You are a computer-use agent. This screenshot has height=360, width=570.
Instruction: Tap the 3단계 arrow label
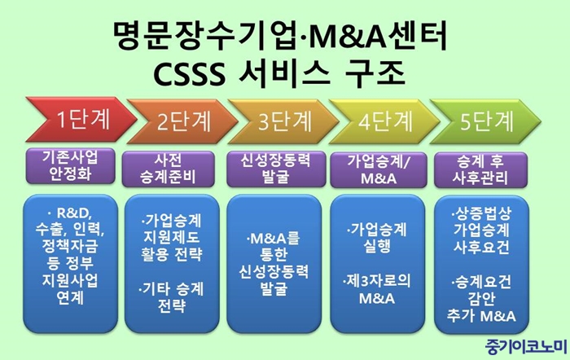click(x=285, y=121)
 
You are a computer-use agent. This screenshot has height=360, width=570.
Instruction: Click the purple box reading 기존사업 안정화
click(x=70, y=166)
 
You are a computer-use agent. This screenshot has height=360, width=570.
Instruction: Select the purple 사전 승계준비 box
click(x=168, y=169)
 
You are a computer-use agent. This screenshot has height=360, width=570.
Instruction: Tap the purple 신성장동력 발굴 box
click(x=276, y=169)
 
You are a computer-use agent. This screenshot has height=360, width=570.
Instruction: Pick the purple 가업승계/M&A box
click(x=379, y=169)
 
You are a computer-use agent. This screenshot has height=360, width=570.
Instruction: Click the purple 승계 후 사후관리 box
click(x=480, y=169)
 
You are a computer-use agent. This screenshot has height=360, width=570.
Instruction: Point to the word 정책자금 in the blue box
click(x=70, y=246)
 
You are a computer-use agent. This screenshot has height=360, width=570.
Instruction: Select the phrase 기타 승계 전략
click(x=171, y=297)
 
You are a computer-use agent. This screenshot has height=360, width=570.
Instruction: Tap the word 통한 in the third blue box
click(x=274, y=255)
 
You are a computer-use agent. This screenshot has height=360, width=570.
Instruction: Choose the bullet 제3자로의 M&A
click(x=377, y=289)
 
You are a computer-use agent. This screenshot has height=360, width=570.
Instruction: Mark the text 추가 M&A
click(x=481, y=316)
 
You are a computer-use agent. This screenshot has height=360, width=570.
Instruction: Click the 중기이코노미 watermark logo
click(x=526, y=346)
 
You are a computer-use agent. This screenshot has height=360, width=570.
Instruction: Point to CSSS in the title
click(x=189, y=74)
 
